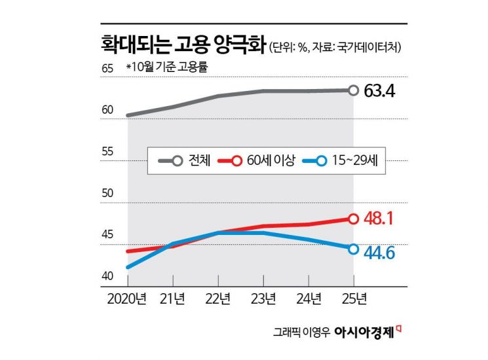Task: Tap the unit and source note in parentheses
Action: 335,48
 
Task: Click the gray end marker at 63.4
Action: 353,90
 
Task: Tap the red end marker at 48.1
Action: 353,219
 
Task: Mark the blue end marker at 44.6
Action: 353,249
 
